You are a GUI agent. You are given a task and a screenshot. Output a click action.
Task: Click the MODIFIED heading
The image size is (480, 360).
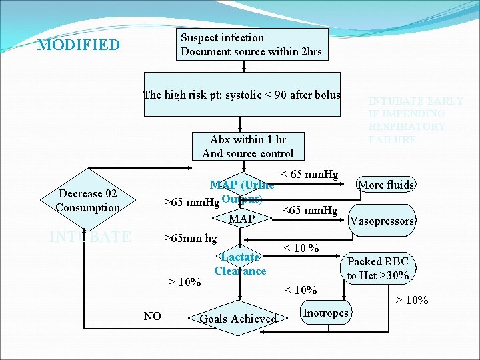coord(79,45)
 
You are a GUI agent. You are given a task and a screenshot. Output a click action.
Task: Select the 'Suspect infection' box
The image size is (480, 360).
coord(252,44)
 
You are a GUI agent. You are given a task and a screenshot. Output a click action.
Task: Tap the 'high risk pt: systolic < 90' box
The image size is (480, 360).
coord(243,95)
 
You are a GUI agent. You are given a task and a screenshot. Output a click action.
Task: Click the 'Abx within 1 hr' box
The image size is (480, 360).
coord(248,147)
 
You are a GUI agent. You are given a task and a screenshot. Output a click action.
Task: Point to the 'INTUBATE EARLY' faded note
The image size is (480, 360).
coord(416,121)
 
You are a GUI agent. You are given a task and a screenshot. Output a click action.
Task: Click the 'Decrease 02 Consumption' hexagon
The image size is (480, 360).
coord(88,201)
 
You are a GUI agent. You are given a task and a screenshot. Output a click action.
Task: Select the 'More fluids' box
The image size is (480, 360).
coord(387,185)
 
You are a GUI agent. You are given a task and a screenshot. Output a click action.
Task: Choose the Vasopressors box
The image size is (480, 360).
coord(382,221)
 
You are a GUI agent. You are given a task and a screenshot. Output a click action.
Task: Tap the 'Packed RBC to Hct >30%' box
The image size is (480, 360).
coord(378,269)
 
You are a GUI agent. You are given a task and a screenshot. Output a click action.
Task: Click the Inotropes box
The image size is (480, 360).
coord(325,313)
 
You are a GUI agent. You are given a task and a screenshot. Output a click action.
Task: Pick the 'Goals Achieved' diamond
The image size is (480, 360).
coord(238,319)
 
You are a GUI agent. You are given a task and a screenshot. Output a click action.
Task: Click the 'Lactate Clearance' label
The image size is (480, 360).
coord(240,264)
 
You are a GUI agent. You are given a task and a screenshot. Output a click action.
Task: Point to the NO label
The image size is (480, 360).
coord(153,316)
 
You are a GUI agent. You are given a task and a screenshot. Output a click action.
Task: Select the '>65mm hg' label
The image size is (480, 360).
coord(191,237)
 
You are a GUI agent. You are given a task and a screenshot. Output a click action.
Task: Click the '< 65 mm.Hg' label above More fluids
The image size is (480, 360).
coord(309,175)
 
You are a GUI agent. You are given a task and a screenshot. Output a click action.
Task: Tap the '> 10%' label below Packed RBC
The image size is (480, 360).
coord(412,300)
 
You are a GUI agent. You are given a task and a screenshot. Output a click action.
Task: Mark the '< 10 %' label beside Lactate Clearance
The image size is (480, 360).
coord(301,249)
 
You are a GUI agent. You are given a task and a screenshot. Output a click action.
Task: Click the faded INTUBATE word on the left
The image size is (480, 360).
coord(91,237)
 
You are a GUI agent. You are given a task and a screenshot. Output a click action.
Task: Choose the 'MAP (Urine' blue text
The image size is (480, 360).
coord(242,185)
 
